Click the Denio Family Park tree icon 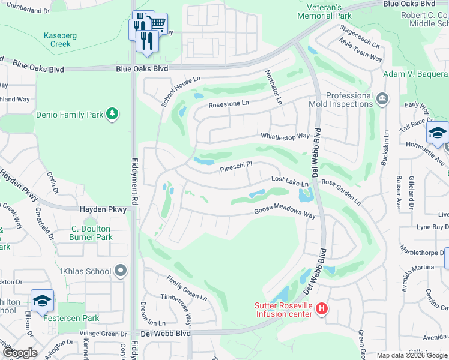(112, 114)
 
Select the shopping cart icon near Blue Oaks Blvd (157, 23)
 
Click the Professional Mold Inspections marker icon (382, 98)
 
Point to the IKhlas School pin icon (121, 271)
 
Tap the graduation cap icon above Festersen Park (43, 300)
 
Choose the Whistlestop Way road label (285, 136)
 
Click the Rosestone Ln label (228, 104)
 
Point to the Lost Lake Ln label (289, 181)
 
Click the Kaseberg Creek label (60, 40)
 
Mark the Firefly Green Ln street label (187, 289)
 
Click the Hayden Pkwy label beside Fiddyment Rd (103, 209)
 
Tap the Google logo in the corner (20, 352)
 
